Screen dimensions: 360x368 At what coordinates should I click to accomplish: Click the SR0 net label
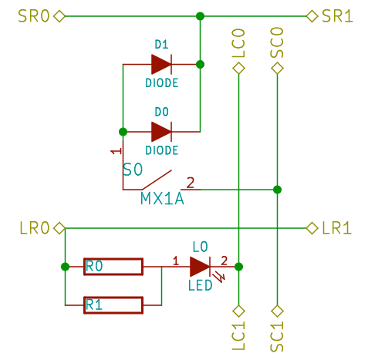tap(32, 15)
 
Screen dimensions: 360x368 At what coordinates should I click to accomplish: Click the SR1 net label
tap(337, 15)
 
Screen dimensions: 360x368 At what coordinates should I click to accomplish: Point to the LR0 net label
tap(34, 228)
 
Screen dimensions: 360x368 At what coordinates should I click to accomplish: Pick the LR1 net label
tap(337, 228)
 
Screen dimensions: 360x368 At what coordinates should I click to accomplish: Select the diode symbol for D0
tap(161, 131)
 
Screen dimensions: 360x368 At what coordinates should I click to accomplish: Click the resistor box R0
tap(113, 267)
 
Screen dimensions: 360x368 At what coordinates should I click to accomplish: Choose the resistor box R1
tap(113, 305)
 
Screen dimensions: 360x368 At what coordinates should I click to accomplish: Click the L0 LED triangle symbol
tap(199, 267)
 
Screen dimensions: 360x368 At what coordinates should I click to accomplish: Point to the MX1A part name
tap(162, 199)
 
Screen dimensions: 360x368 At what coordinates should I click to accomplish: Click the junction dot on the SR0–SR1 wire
tap(200, 15)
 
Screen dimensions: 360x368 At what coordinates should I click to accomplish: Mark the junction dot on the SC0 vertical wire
tap(278, 189)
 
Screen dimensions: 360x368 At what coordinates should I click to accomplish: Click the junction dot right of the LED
tap(239, 267)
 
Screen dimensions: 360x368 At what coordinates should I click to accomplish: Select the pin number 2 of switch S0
tap(191, 182)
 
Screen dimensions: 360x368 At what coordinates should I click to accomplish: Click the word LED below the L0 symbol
tap(200, 285)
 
